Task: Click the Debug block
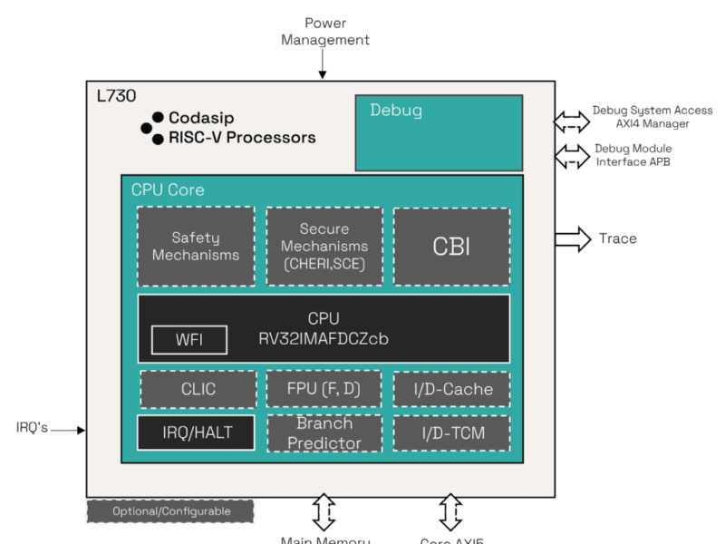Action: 439,133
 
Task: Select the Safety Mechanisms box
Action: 196,247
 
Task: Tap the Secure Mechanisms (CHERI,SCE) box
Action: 324,247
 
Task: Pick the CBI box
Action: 450,247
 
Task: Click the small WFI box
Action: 189,341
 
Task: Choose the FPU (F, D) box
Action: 324,389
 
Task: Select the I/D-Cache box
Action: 450,389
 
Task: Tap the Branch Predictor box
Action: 324,433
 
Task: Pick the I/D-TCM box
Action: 450,433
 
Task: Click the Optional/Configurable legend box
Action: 170,511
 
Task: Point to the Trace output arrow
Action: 572,238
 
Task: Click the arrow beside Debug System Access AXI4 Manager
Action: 571,120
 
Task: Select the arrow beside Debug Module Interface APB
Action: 571,155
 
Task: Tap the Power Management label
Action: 324,31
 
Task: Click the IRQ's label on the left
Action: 32,427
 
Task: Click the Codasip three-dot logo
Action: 151,128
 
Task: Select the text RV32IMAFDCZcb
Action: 323,338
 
